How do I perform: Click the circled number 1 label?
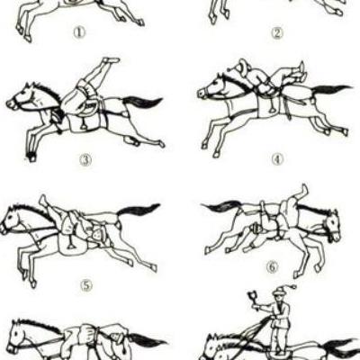tap(80, 32)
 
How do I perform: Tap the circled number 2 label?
tap(277, 33)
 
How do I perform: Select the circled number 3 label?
tap(85, 161)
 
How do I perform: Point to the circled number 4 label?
tap(277, 159)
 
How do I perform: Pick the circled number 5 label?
tap(86, 285)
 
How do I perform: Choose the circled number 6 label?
tap(272, 266)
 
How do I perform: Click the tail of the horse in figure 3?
tap(142, 102)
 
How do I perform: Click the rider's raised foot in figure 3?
tap(111, 60)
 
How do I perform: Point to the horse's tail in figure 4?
tap(331, 89)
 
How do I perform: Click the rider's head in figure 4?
tap(241, 66)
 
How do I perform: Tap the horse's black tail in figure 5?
tap(138, 210)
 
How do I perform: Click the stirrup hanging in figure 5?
tap(71, 243)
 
